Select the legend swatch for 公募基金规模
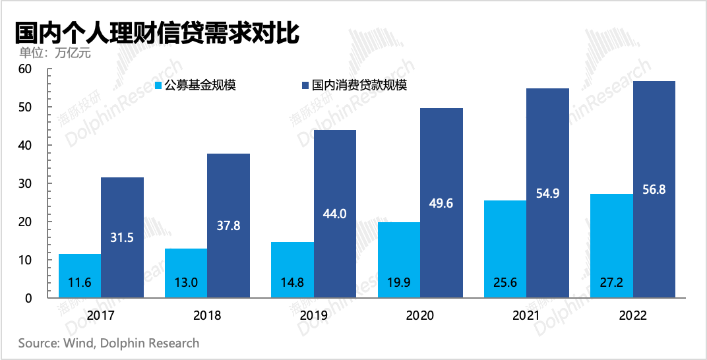(x=158, y=85)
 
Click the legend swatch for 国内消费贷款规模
(x=305, y=85)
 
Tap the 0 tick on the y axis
(x=28, y=298)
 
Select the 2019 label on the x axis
(x=314, y=316)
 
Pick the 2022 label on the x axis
(x=633, y=316)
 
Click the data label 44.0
(x=335, y=214)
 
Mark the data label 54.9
(x=547, y=194)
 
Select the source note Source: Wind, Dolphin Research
(x=108, y=343)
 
